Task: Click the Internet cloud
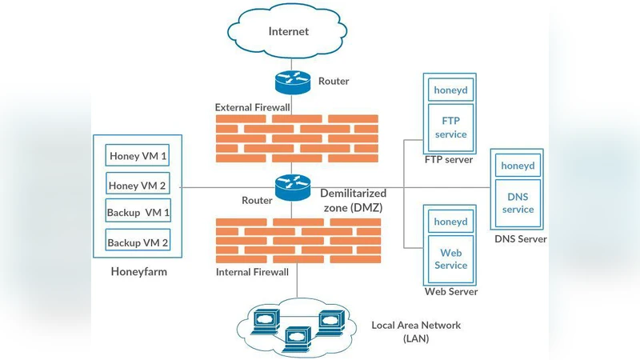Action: point(289,33)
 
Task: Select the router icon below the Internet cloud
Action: point(290,81)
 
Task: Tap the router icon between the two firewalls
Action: point(290,187)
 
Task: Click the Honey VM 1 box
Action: point(138,155)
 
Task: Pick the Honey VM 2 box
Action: point(138,185)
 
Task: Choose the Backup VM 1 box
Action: point(138,213)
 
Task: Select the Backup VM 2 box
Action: point(138,242)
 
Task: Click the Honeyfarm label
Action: point(138,273)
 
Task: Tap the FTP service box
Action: point(450,126)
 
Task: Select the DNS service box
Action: point(518,202)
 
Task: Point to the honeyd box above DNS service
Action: point(518,166)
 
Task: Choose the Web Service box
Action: point(450,258)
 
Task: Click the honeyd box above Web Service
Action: point(450,222)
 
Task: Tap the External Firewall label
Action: point(251,107)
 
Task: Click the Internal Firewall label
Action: point(252,272)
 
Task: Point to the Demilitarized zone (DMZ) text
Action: point(353,200)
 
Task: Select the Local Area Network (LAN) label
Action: point(415,331)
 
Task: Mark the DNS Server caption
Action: point(520,239)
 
